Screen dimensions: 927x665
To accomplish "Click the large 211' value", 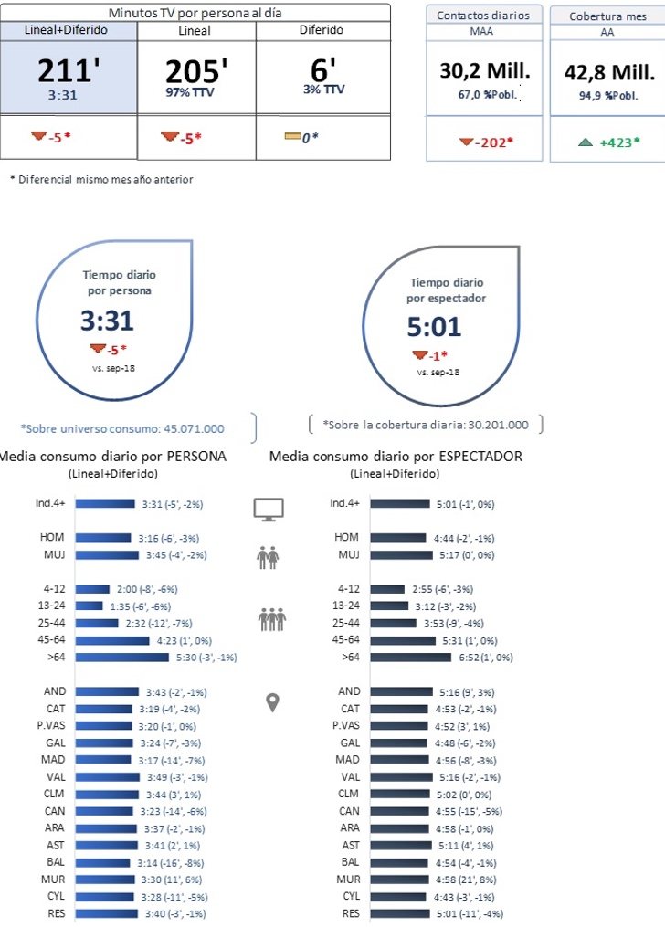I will [68, 71].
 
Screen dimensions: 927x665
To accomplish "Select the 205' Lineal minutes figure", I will [195, 71].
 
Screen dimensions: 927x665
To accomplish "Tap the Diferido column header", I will [322, 30].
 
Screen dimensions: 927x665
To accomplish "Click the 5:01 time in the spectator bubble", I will [434, 327].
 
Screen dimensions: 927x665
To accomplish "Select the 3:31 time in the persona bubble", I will [107, 321].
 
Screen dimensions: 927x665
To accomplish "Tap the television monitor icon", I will [269, 510].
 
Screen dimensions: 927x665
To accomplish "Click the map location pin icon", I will [271, 702].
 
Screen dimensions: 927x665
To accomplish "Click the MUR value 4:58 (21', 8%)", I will [467, 880].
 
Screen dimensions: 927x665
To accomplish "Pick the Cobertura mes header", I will [607, 16].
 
